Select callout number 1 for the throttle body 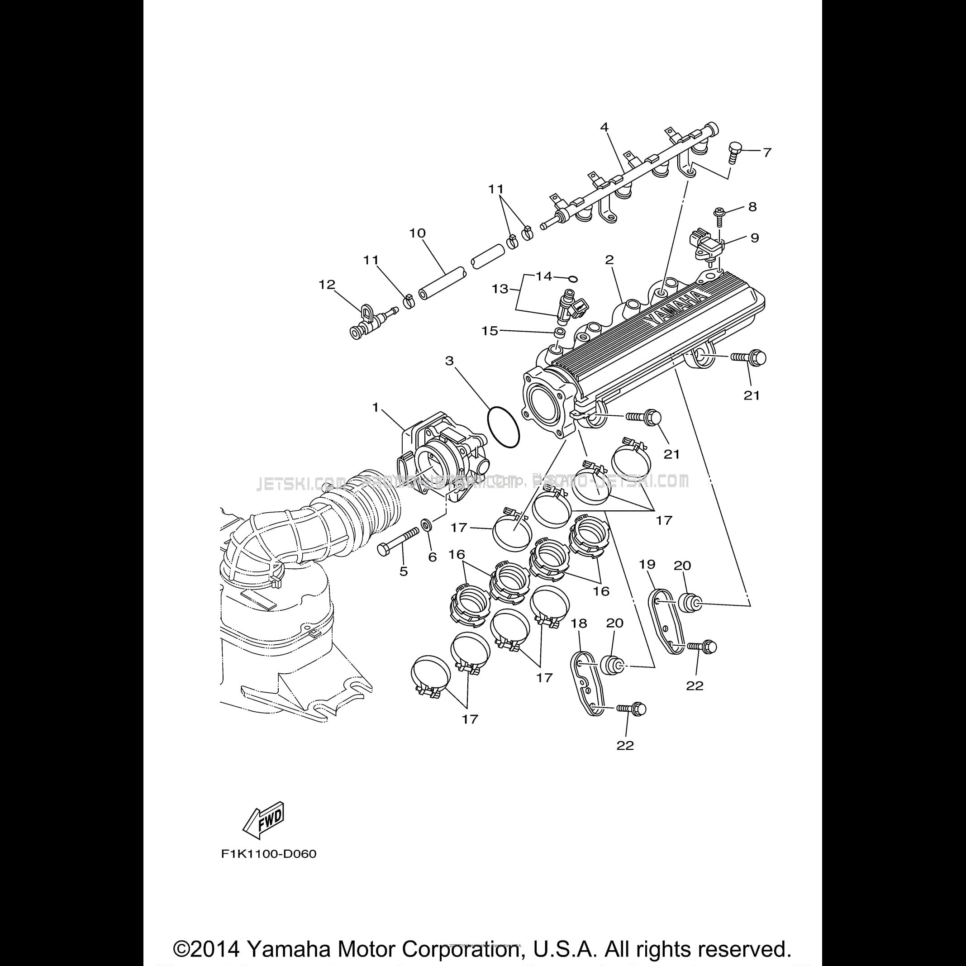[x=376, y=408]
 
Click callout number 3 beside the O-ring [x=449, y=361]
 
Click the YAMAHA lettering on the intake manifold [x=676, y=309]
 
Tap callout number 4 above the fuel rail [x=604, y=128]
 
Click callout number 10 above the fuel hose [x=417, y=233]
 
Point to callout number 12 [x=327, y=285]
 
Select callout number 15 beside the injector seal [x=490, y=330]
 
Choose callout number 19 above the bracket [x=647, y=565]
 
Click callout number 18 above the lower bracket [x=579, y=623]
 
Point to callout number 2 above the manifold [x=609, y=260]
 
